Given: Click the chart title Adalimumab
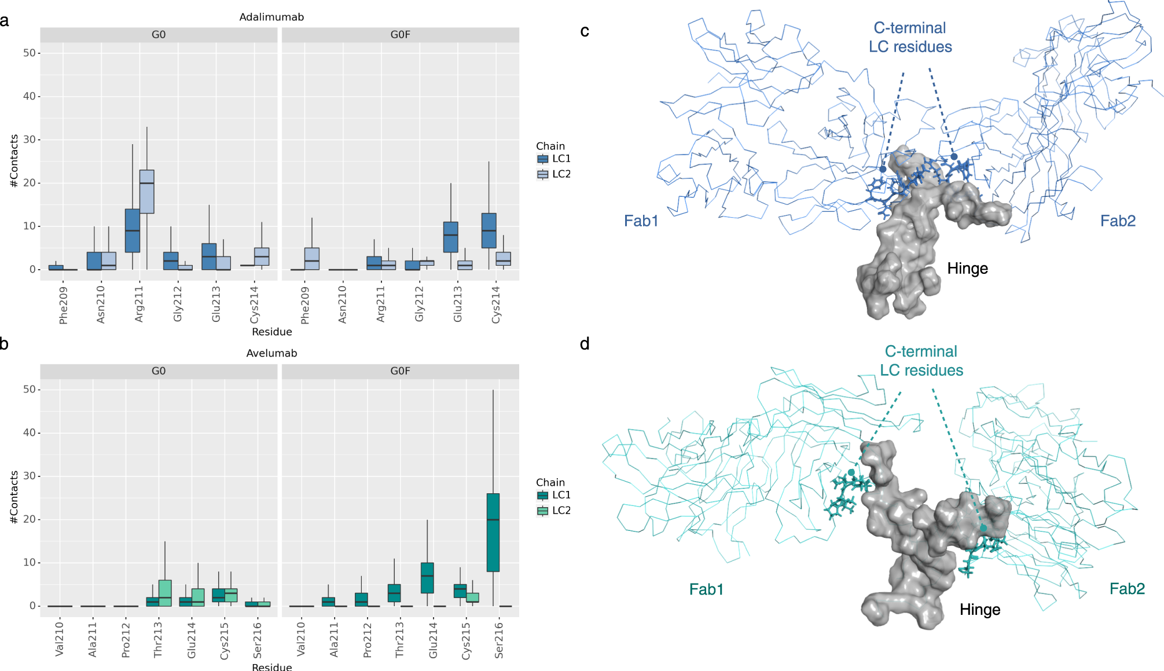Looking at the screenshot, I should [271, 17].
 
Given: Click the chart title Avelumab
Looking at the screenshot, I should [271, 353].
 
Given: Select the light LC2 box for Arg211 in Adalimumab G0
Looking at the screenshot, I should [147, 192].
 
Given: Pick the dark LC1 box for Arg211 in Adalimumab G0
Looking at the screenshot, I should [133, 230].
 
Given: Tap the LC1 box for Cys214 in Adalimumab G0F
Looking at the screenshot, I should [489, 230].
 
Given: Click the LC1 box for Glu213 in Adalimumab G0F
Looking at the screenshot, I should [451, 237].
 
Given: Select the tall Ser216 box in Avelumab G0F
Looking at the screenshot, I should [493, 532].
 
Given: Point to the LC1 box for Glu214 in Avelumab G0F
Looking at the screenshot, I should [427, 578].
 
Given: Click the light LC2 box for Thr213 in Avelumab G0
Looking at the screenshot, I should [165, 593].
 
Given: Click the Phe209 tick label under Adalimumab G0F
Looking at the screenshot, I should [305, 305].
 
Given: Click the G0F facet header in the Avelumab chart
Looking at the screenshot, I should [400, 371].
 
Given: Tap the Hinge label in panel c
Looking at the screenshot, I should [967, 269].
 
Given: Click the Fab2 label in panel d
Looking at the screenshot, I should [1126, 589].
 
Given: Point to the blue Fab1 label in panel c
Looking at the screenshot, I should [641, 221].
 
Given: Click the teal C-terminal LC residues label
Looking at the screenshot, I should [921, 361].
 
